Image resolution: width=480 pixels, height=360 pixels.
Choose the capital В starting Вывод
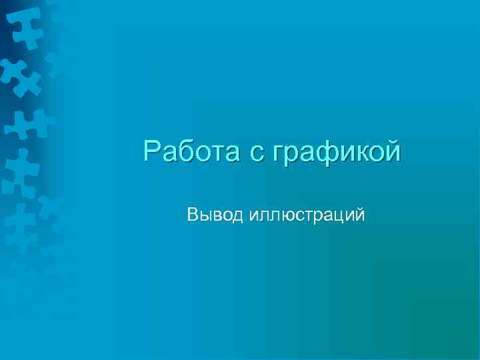[x=193, y=215]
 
